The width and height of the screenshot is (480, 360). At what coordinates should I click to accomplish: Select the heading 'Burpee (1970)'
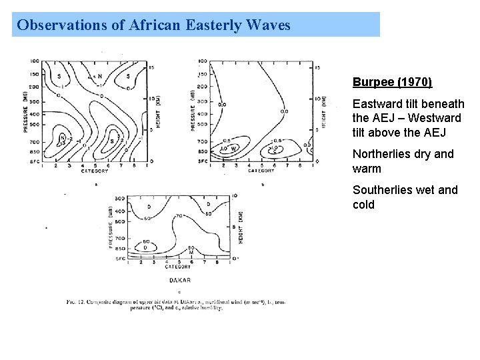[x=392, y=82]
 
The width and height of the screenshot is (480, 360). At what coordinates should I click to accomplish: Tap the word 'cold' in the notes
[x=363, y=204]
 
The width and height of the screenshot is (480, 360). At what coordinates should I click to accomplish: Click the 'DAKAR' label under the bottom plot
[x=181, y=280]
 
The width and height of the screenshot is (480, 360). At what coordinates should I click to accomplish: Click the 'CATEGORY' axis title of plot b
[x=261, y=171]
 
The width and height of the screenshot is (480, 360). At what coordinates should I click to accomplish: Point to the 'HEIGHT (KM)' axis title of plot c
[x=241, y=227]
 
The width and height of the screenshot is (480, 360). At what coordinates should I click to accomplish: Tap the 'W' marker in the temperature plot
[x=234, y=148]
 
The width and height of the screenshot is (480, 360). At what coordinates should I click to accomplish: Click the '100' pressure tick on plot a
[x=34, y=61]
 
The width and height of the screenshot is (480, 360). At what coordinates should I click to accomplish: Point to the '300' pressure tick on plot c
[x=119, y=198]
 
